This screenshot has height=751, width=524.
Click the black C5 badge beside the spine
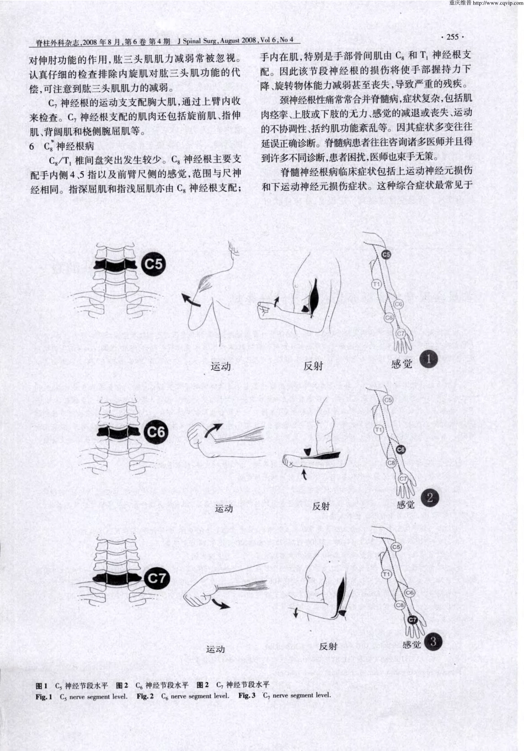click(x=154, y=264)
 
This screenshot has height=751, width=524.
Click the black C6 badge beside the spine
click(x=156, y=432)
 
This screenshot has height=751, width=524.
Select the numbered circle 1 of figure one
click(x=428, y=360)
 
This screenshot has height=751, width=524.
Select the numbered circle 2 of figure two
click(x=430, y=498)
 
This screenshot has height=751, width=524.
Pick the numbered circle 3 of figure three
click(x=433, y=642)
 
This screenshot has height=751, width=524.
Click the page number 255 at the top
click(x=451, y=37)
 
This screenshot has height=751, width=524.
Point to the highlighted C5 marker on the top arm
click(x=386, y=254)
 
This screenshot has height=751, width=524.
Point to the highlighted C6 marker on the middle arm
click(x=400, y=450)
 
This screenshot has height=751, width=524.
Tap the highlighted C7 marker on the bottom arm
click(x=411, y=620)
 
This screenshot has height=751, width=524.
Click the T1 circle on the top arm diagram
click(x=377, y=284)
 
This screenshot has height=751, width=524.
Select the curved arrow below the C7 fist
click(x=221, y=604)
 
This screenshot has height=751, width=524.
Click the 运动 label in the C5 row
click(x=221, y=366)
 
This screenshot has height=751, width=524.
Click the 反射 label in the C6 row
click(x=321, y=505)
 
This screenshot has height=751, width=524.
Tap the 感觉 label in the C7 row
click(x=411, y=645)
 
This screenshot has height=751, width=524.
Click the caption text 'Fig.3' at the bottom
click(x=247, y=696)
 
